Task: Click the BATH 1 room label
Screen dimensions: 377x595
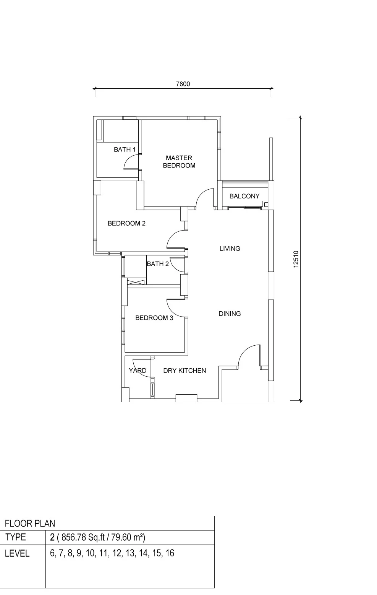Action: point(125,150)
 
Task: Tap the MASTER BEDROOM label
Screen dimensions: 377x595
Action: point(179,161)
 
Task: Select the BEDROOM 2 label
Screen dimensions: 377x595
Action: point(126,223)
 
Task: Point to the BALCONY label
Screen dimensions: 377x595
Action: point(244,196)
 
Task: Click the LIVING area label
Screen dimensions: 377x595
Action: point(230,249)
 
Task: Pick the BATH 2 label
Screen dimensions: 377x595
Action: point(158,264)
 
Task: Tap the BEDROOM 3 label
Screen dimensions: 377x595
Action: point(154,318)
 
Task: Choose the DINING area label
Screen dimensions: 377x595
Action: point(230,314)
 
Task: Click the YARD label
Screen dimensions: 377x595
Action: point(138,371)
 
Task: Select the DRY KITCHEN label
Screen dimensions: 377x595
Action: point(184,371)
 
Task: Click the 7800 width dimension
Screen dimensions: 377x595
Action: point(183,84)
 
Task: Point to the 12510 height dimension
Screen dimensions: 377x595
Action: point(296,259)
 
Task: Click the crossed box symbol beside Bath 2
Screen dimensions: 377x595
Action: point(136,282)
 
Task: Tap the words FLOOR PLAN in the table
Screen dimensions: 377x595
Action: point(30,523)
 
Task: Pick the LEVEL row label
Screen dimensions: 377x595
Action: point(17,553)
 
